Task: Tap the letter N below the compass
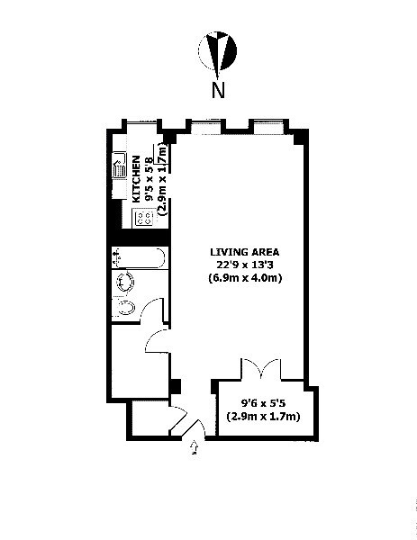click(217, 90)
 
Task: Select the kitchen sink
click(119, 166)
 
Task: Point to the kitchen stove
click(142, 217)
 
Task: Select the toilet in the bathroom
click(127, 309)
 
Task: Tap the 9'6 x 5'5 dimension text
click(263, 403)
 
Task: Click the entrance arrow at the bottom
click(195, 446)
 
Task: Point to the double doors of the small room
click(261, 368)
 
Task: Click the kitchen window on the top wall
click(139, 123)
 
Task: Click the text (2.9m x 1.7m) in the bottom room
click(263, 417)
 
